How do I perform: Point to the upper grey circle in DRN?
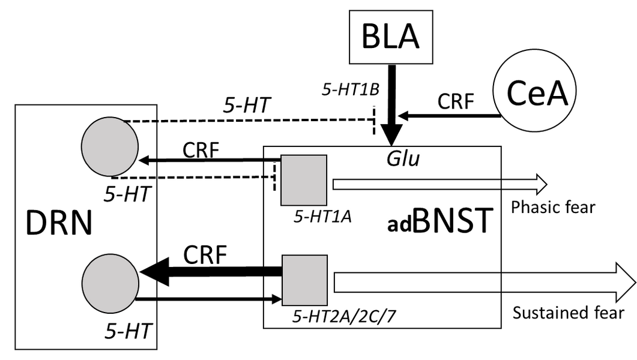coord(109,148)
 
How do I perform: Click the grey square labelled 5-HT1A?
coord(304,180)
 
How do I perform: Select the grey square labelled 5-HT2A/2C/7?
coord(304,280)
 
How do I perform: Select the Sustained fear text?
coord(568,312)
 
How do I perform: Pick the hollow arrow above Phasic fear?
coord(438,183)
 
